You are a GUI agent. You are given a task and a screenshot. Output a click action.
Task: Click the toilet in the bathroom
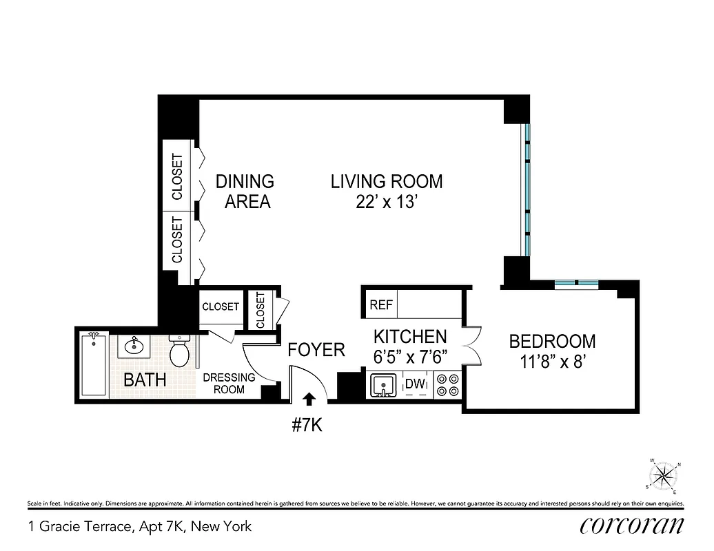point(180,353)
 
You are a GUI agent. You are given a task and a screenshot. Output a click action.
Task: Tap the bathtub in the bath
point(94,364)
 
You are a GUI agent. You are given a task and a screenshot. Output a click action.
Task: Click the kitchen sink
point(381,386)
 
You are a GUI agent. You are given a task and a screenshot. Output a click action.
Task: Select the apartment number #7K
point(307,424)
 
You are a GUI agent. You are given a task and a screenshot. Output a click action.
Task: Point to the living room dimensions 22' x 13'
point(386,202)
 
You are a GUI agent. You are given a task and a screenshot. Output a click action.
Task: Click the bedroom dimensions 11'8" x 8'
point(551,362)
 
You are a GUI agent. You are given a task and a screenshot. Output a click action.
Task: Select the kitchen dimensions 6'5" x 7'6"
point(411,357)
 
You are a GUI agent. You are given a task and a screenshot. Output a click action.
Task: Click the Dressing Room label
point(229,383)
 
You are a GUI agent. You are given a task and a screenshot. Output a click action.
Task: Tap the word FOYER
point(316,350)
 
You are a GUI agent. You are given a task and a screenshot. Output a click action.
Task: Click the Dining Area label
point(245,192)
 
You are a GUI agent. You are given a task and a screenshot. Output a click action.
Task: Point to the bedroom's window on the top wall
point(576,282)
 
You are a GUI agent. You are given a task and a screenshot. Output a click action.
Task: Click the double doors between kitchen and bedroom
point(471,344)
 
